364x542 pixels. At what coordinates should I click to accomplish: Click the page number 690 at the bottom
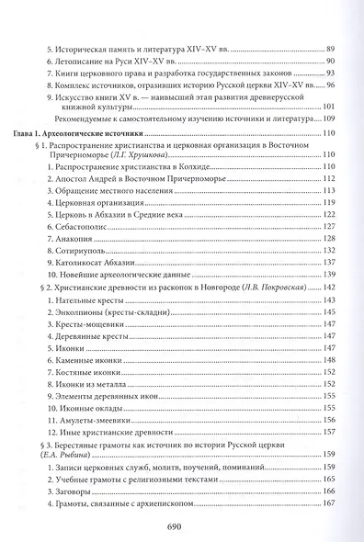pyautogui.click(x=181, y=526)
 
